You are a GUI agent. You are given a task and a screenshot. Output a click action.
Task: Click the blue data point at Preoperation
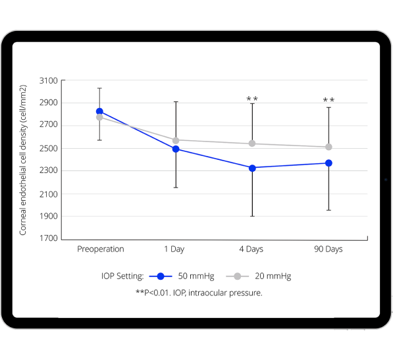[x=99, y=111]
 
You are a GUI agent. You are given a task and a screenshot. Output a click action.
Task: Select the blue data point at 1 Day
[x=176, y=149]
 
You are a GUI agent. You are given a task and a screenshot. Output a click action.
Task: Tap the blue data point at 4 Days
[x=252, y=168]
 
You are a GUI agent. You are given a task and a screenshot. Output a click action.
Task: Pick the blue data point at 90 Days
[x=328, y=163]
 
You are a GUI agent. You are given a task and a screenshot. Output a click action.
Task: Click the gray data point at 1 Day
[x=176, y=140]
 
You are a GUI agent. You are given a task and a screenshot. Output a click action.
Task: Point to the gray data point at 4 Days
[x=252, y=143]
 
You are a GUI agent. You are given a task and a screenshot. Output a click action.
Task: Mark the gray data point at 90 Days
[x=328, y=147]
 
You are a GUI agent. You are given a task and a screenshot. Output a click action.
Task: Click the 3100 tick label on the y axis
[x=49, y=80]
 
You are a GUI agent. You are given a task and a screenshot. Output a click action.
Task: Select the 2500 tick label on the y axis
[x=49, y=148]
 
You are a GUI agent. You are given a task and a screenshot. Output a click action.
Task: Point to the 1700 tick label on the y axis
[x=49, y=238]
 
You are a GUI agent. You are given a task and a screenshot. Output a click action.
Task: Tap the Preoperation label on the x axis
[x=100, y=249]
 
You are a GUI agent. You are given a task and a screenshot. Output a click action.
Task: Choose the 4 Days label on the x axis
[x=252, y=249]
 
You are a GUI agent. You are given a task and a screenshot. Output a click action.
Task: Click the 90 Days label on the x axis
[x=328, y=249]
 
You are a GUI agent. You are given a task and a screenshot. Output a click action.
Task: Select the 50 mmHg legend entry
[x=187, y=276]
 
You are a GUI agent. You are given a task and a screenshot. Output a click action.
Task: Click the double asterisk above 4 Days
[x=252, y=99]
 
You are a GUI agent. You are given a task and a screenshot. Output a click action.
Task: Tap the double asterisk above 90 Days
[x=328, y=101]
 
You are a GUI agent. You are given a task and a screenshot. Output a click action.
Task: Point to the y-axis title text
[x=23, y=160]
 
